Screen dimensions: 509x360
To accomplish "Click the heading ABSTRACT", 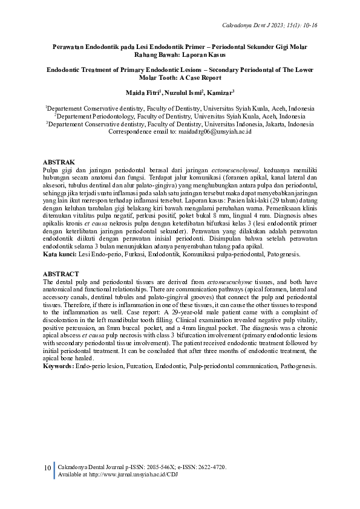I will coord(61,274).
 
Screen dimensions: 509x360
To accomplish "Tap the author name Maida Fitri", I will coord(142,92).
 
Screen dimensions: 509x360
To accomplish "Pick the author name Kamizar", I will coord(219,92).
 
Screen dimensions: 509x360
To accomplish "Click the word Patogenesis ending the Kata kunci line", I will coord(284,255).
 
